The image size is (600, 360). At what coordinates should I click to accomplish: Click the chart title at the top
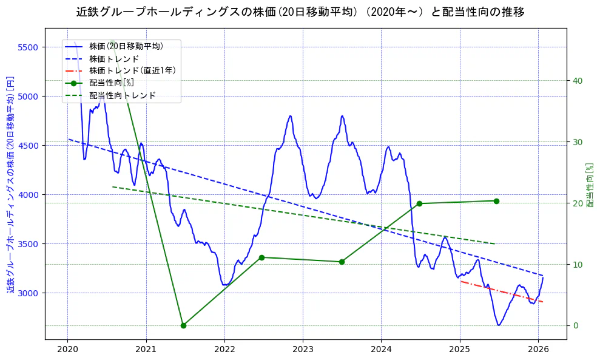tap(300, 12)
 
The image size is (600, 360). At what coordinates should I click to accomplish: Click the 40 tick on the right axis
tap(578, 81)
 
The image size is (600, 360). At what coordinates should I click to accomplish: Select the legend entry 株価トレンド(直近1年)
tap(132, 70)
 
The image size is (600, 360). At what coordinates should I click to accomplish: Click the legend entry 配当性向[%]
tap(112, 83)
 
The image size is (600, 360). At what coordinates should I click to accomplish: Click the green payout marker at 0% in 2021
tap(183, 325)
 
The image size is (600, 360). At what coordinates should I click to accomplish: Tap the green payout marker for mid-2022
tap(261, 257)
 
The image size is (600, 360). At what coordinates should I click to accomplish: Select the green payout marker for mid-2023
tap(342, 262)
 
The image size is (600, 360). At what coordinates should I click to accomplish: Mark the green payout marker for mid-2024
tap(419, 203)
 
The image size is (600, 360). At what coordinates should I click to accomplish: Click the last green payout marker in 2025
tap(496, 201)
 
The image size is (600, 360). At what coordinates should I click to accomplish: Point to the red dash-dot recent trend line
tap(501, 291)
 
